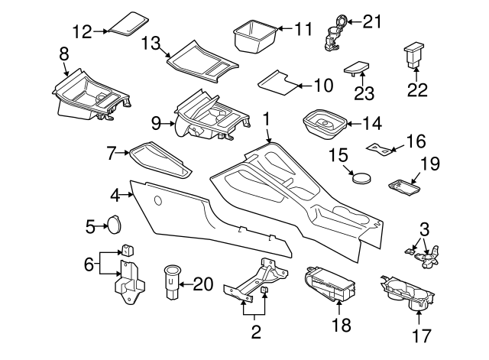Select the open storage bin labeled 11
[x=254, y=37]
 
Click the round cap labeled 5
[x=115, y=225]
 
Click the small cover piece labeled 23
[x=356, y=68]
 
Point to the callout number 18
[x=341, y=325]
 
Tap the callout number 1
[x=267, y=119]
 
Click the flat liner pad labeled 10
[x=276, y=80]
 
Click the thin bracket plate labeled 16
[x=382, y=146]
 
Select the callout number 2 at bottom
[x=255, y=332]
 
